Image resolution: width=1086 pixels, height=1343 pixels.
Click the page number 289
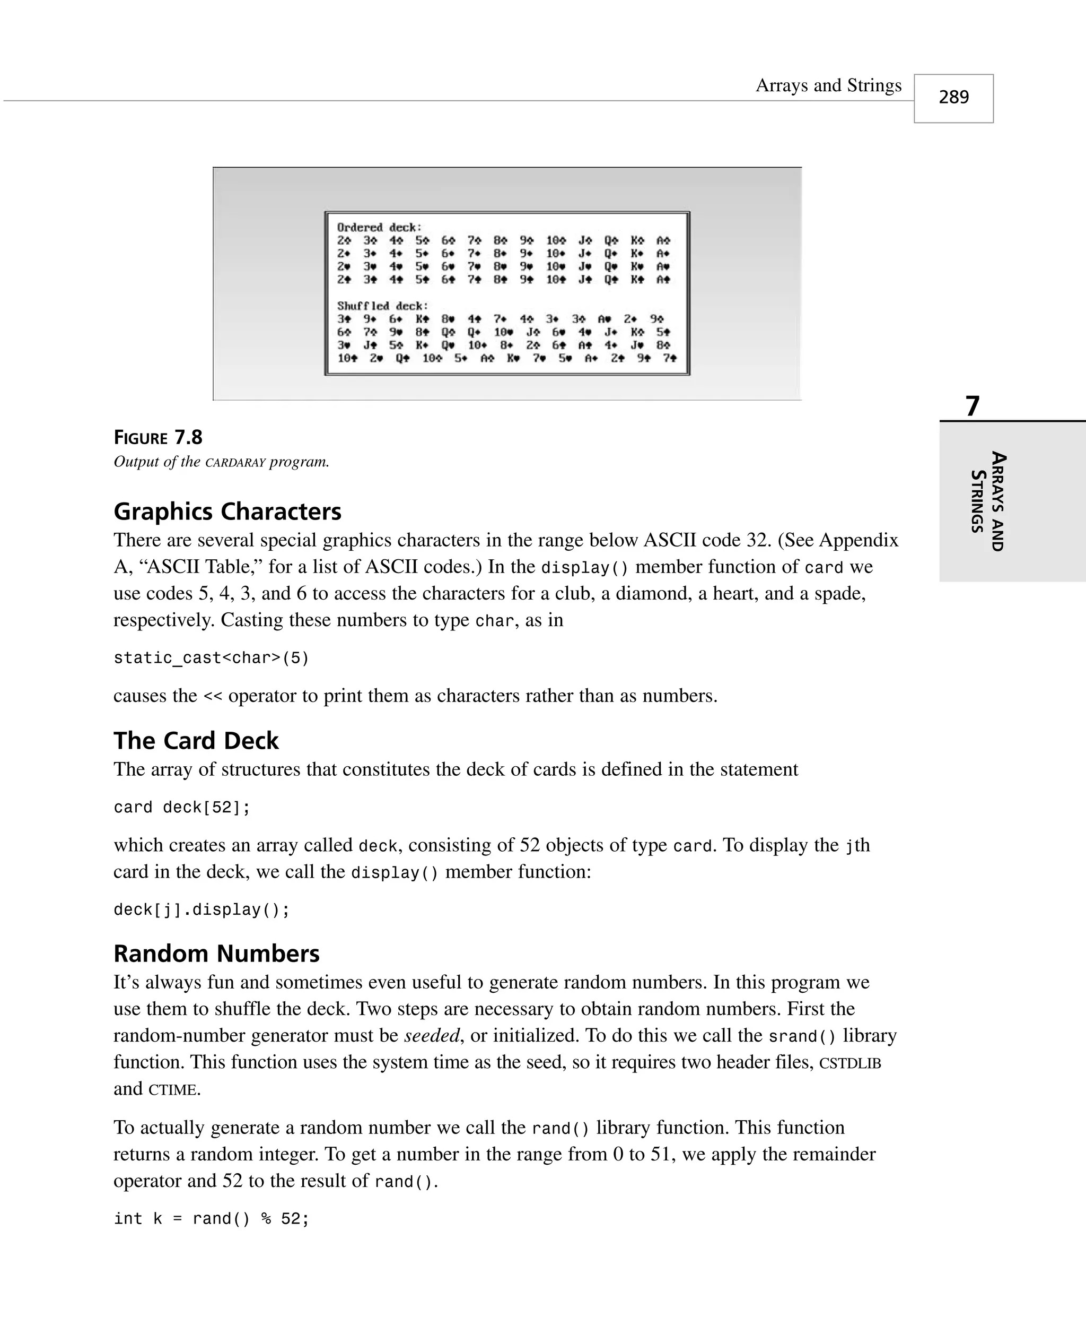[953, 98]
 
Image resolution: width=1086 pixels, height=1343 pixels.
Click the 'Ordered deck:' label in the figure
[379, 227]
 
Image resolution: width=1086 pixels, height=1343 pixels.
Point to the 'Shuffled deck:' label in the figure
[382, 306]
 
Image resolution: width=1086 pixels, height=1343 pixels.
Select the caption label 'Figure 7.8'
[157, 437]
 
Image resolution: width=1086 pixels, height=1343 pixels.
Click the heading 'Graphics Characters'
[227, 512]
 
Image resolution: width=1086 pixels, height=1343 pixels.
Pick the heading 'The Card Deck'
[196, 740]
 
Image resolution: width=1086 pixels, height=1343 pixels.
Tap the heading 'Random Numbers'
[216, 954]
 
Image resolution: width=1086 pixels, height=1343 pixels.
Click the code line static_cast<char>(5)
[211, 658]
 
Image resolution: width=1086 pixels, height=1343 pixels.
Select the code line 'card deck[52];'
[181, 807]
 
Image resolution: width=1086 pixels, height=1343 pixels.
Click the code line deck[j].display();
[202, 909]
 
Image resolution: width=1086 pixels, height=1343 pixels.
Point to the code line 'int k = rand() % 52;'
[211, 1218]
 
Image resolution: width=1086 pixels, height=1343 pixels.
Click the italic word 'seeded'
[432, 1035]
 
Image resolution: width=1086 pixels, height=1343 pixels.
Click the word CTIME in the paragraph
[173, 1089]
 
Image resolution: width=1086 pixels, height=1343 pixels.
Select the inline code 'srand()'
[802, 1036]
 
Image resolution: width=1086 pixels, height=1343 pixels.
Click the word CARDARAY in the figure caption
[235, 463]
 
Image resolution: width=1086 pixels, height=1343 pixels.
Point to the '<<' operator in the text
[213, 696]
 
